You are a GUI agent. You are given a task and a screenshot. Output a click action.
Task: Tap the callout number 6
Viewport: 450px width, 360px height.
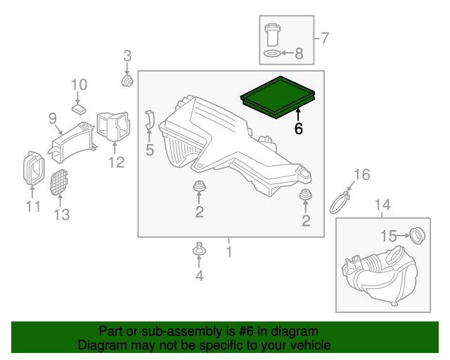[298, 129]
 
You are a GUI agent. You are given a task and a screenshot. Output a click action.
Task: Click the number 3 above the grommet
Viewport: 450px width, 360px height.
[127, 56]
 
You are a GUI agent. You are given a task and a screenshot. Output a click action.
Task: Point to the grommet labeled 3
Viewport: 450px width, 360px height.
[128, 81]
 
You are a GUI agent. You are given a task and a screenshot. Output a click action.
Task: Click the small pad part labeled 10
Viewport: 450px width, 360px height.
[79, 108]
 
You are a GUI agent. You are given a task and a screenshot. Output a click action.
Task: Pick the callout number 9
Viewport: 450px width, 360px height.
[53, 120]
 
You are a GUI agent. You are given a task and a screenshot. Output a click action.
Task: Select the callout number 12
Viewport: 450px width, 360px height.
[116, 163]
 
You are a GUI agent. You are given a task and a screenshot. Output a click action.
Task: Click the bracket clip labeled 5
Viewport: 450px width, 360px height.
[149, 120]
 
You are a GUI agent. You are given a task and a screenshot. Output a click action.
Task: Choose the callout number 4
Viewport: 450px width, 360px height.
[199, 276]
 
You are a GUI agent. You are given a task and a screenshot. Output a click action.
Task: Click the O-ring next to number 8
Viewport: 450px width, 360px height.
[271, 53]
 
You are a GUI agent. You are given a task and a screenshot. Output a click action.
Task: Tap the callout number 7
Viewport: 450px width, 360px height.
[325, 37]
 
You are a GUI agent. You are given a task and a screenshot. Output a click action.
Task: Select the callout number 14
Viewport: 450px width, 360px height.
[381, 205]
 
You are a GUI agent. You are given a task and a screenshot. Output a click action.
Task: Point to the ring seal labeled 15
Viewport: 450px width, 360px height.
[416, 235]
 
